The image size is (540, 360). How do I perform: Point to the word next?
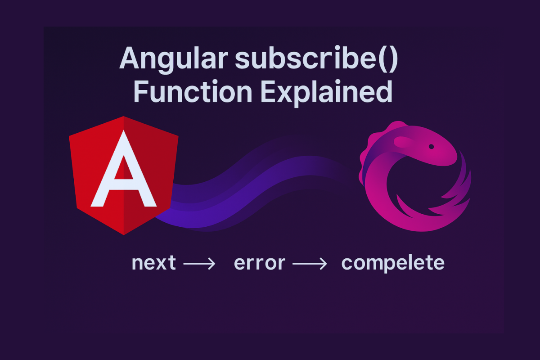click(153, 263)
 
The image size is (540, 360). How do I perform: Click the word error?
click(260, 263)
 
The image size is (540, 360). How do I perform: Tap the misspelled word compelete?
click(393, 263)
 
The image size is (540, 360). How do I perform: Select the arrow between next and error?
click(199, 264)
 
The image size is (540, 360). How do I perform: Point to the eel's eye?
click(431, 147)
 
